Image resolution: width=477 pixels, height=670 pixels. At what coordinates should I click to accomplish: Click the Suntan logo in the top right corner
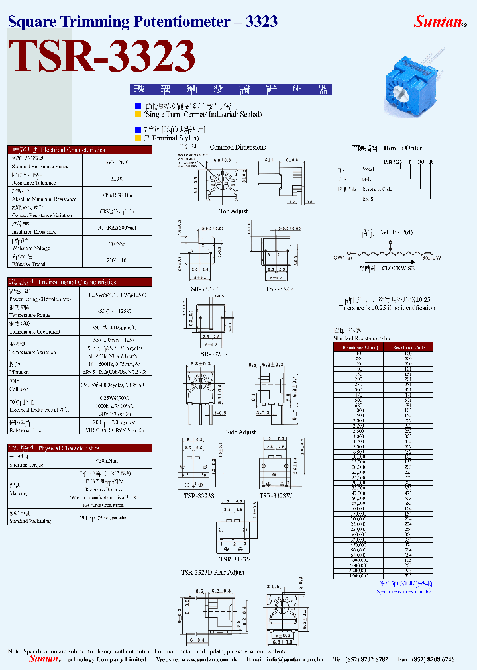point(439,21)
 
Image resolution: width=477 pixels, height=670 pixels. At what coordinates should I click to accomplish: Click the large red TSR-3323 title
point(102,56)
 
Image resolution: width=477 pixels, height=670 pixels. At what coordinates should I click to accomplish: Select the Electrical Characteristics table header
point(79,150)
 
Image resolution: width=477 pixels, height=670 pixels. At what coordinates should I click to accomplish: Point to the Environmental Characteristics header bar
point(79,282)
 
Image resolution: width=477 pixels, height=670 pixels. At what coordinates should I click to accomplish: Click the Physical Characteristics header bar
point(79,448)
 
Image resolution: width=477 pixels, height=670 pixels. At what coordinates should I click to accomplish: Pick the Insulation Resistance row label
point(32,232)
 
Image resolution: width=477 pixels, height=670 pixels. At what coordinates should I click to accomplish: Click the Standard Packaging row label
point(30,521)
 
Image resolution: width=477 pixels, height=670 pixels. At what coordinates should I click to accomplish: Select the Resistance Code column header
point(408,346)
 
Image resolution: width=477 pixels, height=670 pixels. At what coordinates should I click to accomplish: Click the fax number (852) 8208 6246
point(436,659)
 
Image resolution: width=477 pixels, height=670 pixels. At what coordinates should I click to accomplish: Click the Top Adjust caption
point(233,211)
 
